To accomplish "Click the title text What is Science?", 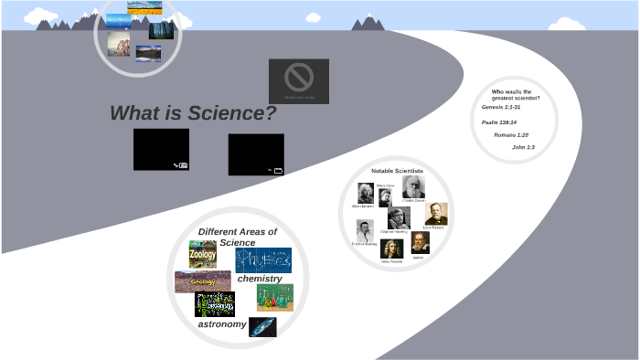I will [x=193, y=113].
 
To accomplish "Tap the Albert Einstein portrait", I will [x=365, y=193].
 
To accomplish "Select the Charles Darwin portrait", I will [x=413, y=186].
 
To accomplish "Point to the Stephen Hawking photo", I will [x=398, y=217].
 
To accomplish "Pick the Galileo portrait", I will [x=420, y=242].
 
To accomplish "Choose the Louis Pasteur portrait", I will [x=438, y=214].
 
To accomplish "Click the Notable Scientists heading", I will [x=397, y=171].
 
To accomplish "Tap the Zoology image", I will [x=202, y=254].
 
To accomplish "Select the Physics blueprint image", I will [x=263, y=259].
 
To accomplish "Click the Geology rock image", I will [x=202, y=281].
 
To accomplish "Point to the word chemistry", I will [x=260, y=278].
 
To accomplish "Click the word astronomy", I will [x=222, y=324].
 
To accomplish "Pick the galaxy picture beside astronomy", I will [x=262, y=327].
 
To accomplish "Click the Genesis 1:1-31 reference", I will [x=501, y=107].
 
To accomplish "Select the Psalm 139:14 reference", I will [x=499, y=122].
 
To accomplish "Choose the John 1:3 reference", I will [x=523, y=147].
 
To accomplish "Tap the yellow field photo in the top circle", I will [x=144, y=7].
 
